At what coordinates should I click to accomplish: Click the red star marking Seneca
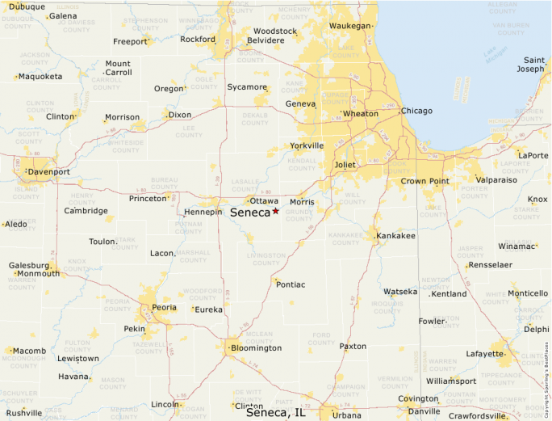coord(275,211)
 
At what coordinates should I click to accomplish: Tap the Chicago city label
coord(416,111)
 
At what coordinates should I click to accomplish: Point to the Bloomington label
coord(256,348)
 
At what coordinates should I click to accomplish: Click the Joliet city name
coord(345,165)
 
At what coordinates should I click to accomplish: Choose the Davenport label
coord(49,172)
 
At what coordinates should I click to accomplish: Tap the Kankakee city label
coord(395,236)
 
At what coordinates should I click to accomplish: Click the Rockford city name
coord(198,39)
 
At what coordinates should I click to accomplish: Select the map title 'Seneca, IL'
coord(275,412)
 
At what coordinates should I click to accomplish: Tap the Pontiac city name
coord(291,284)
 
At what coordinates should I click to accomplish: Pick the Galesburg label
coord(29,265)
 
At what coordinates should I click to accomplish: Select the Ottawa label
coord(264,200)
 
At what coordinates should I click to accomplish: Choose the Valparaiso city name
coord(496,180)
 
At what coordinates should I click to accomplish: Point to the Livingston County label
coord(266,259)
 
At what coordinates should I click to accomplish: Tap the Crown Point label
coord(424,181)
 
